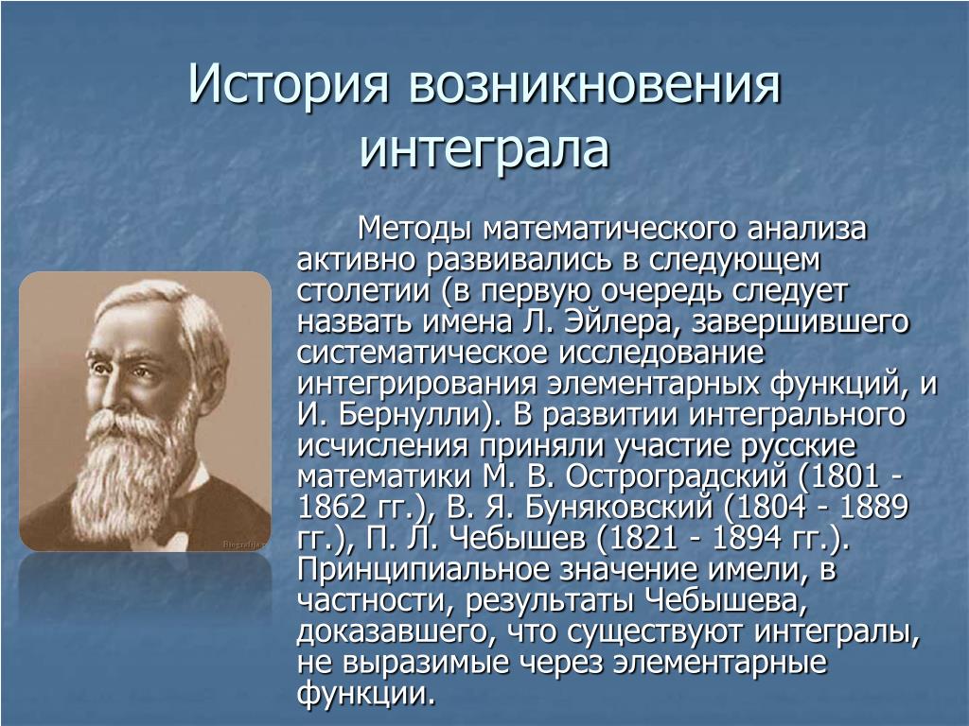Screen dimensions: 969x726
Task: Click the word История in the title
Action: click(289, 83)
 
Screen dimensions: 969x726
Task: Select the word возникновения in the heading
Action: click(594, 83)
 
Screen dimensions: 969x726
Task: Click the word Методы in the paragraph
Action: click(415, 229)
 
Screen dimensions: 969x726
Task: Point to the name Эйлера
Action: click(619, 322)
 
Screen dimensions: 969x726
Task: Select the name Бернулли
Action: click(415, 415)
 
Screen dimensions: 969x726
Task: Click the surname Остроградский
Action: click(677, 476)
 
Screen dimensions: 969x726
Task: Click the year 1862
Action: click(332, 507)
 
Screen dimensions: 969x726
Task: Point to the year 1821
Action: click(643, 538)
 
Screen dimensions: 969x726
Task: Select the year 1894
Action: click(747, 538)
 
